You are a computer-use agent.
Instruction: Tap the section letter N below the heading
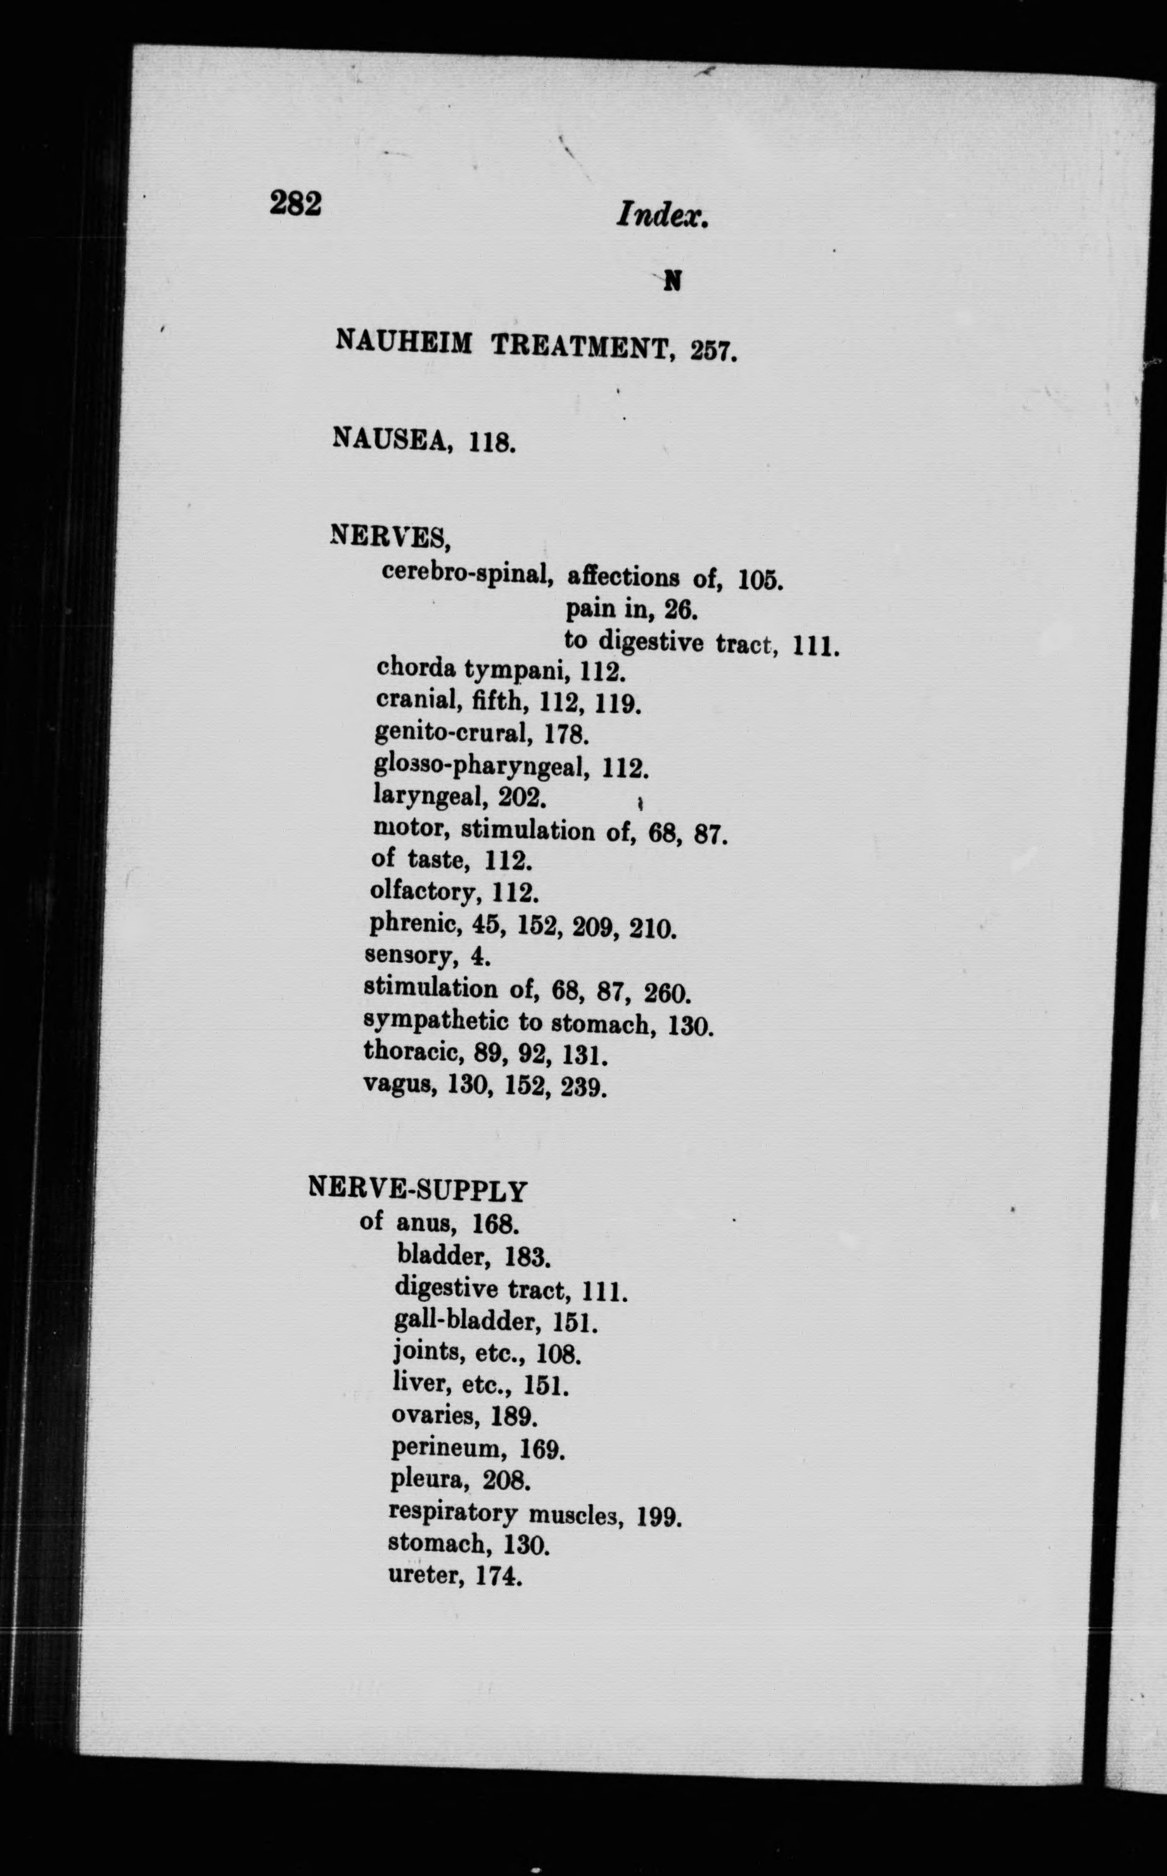[673, 283]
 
